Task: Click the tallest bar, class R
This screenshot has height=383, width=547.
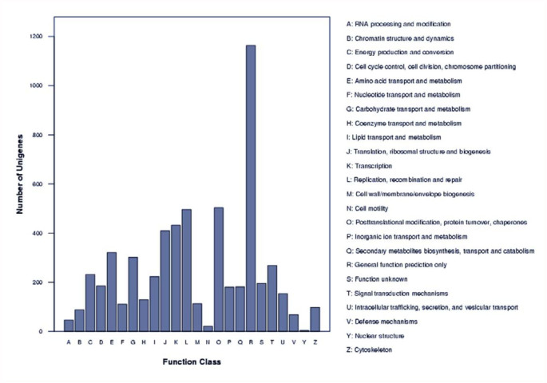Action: coord(251,188)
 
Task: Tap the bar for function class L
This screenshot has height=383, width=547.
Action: coord(187,270)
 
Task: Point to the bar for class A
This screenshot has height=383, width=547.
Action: coord(69,326)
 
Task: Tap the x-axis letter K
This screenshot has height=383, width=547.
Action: coord(176,343)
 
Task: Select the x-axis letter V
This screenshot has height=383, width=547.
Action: coord(294,343)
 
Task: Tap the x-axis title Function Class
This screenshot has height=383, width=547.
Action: coord(192,362)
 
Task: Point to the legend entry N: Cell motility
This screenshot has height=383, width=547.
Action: coord(372,208)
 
